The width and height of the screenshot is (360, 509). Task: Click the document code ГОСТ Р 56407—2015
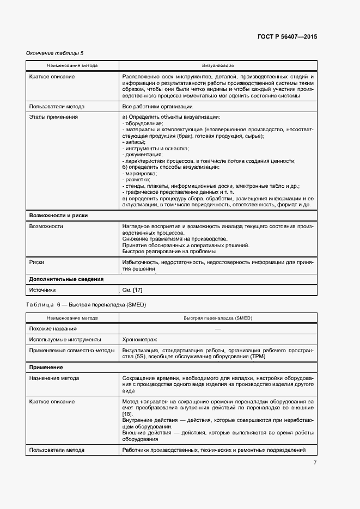coord(287,37)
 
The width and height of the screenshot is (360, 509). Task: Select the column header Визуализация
coord(218,65)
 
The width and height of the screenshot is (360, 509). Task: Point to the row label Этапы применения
coord(53,116)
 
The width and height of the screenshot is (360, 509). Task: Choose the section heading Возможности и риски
coord(58,216)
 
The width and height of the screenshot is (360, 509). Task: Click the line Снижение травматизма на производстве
coord(175,239)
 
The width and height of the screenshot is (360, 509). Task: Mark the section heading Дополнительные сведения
coord(66,279)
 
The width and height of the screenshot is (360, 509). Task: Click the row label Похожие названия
coord(53,329)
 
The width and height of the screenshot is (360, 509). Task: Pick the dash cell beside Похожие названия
coord(218,329)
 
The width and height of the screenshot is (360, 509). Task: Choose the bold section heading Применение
coord(47,367)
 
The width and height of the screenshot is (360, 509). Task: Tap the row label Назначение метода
coord(54,378)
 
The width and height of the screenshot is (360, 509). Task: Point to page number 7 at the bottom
coord(315,463)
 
